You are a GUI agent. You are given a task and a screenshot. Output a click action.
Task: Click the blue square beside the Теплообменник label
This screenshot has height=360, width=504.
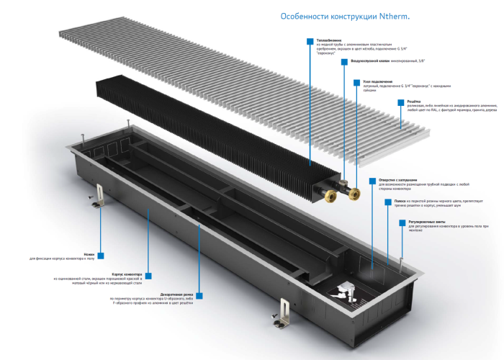[x=310, y=41]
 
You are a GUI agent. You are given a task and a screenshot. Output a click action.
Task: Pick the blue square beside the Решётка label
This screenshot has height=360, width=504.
[x=400, y=102]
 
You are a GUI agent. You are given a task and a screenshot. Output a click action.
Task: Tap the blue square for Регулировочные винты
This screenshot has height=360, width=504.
[x=400, y=222]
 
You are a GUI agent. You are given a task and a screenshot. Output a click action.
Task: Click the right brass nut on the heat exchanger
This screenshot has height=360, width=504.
[x=353, y=192]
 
